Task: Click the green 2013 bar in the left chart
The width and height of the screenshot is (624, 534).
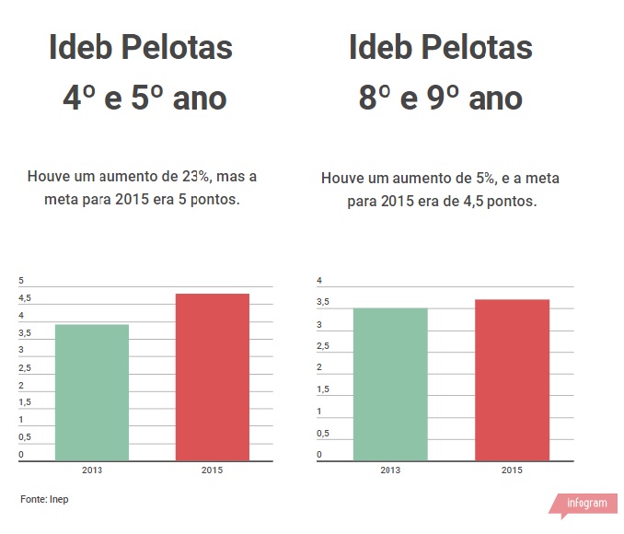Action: (92, 392)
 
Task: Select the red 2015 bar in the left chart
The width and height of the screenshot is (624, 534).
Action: (212, 377)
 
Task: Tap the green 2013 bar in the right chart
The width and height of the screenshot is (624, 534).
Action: (390, 384)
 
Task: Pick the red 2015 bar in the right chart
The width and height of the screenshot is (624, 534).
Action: (512, 379)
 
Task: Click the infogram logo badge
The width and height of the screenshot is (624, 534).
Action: (585, 505)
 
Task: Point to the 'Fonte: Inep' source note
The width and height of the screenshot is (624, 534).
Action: (44, 499)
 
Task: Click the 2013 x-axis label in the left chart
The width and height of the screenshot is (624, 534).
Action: (92, 470)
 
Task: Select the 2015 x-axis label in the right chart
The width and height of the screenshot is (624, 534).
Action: (512, 470)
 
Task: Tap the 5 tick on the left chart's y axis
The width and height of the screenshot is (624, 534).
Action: (21, 281)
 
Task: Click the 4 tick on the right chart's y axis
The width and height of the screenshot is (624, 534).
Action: (319, 281)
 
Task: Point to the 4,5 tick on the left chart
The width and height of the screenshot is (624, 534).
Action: (25, 298)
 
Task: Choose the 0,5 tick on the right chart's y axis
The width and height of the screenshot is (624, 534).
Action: (323, 433)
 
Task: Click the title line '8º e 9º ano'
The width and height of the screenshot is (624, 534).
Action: (441, 99)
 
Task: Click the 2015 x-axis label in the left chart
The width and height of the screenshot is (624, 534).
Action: (212, 470)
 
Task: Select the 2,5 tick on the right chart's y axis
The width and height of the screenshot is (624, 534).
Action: (323, 346)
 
